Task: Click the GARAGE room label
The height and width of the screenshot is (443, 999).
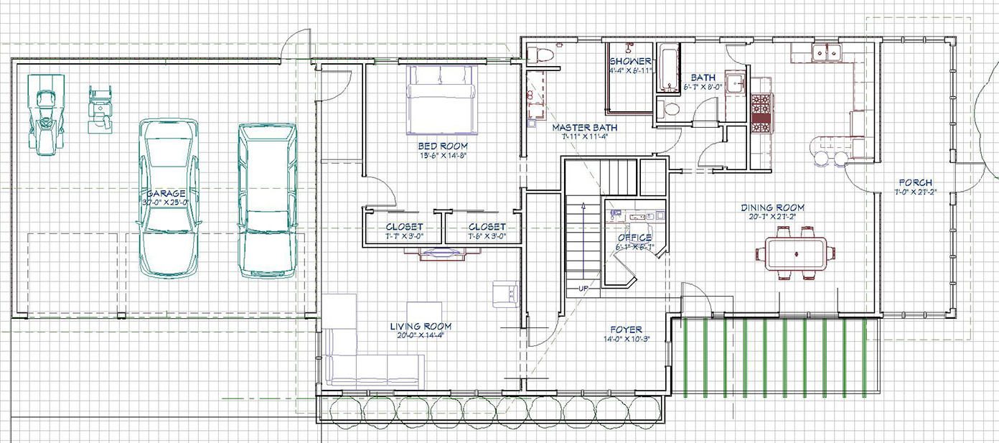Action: (x=166, y=194)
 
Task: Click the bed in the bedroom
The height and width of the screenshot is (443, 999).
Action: (x=442, y=99)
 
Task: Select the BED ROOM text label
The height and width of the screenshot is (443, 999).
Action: (x=444, y=146)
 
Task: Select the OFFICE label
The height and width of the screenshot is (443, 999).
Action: (x=634, y=238)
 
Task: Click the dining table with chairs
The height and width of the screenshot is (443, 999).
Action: (x=796, y=253)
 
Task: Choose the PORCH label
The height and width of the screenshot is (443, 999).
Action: (x=916, y=182)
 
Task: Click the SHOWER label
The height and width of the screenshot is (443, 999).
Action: (x=630, y=62)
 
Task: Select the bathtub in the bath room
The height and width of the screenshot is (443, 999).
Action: (x=669, y=70)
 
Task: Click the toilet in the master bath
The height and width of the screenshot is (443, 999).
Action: (x=540, y=55)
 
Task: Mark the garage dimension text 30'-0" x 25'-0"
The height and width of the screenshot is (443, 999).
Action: (x=165, y=202)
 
